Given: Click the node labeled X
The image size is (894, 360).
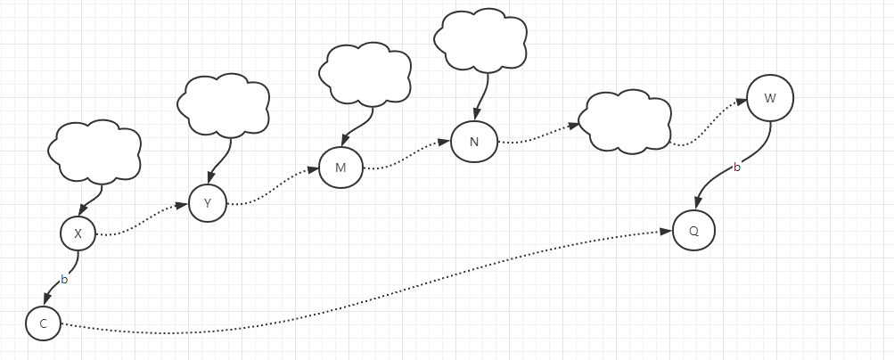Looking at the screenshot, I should [x=78, y=234].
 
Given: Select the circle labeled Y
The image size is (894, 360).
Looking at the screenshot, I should [x=208, y=203].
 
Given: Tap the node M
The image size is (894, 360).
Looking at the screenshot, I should [x=340, y=168].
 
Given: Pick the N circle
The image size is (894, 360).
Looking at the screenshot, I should [x=473, y=143].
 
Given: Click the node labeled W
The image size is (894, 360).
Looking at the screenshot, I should [x=770, y=98].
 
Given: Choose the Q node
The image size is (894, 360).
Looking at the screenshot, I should [x=693, y=230].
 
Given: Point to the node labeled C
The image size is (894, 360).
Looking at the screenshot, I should [x=43, y=323].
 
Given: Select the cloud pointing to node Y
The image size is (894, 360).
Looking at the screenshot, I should [x=224, y=103].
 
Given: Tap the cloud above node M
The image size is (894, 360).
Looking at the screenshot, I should [x=365, y=74].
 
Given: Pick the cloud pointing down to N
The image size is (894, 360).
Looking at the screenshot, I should [x=480, y=38].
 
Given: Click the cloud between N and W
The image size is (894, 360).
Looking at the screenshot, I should [x=624, y=121].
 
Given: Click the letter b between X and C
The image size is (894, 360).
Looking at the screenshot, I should [x=63, y=280].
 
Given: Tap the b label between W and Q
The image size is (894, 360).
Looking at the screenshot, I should [x=736, y=167].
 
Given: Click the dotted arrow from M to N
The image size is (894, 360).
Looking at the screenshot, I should [x=406, y=154].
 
